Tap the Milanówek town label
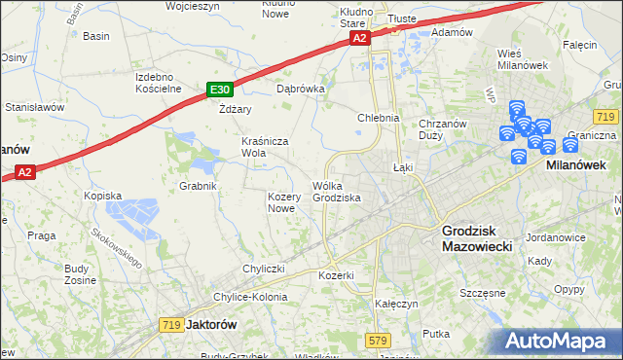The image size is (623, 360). [x=576, y=165]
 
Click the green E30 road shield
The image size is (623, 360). [x=219, y=90]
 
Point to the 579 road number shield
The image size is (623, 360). [x=380, y=340]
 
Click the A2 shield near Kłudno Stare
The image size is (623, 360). [x=359, y=38]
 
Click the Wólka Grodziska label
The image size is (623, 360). [x=337, y=192]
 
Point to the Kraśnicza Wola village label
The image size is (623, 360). [x=267, y=147]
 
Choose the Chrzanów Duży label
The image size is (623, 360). [x=444, y=129]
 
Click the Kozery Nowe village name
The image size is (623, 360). [x=281, y=202]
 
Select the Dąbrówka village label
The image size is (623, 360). [x=300, y=88]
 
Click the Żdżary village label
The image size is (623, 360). [x=235, y=109]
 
